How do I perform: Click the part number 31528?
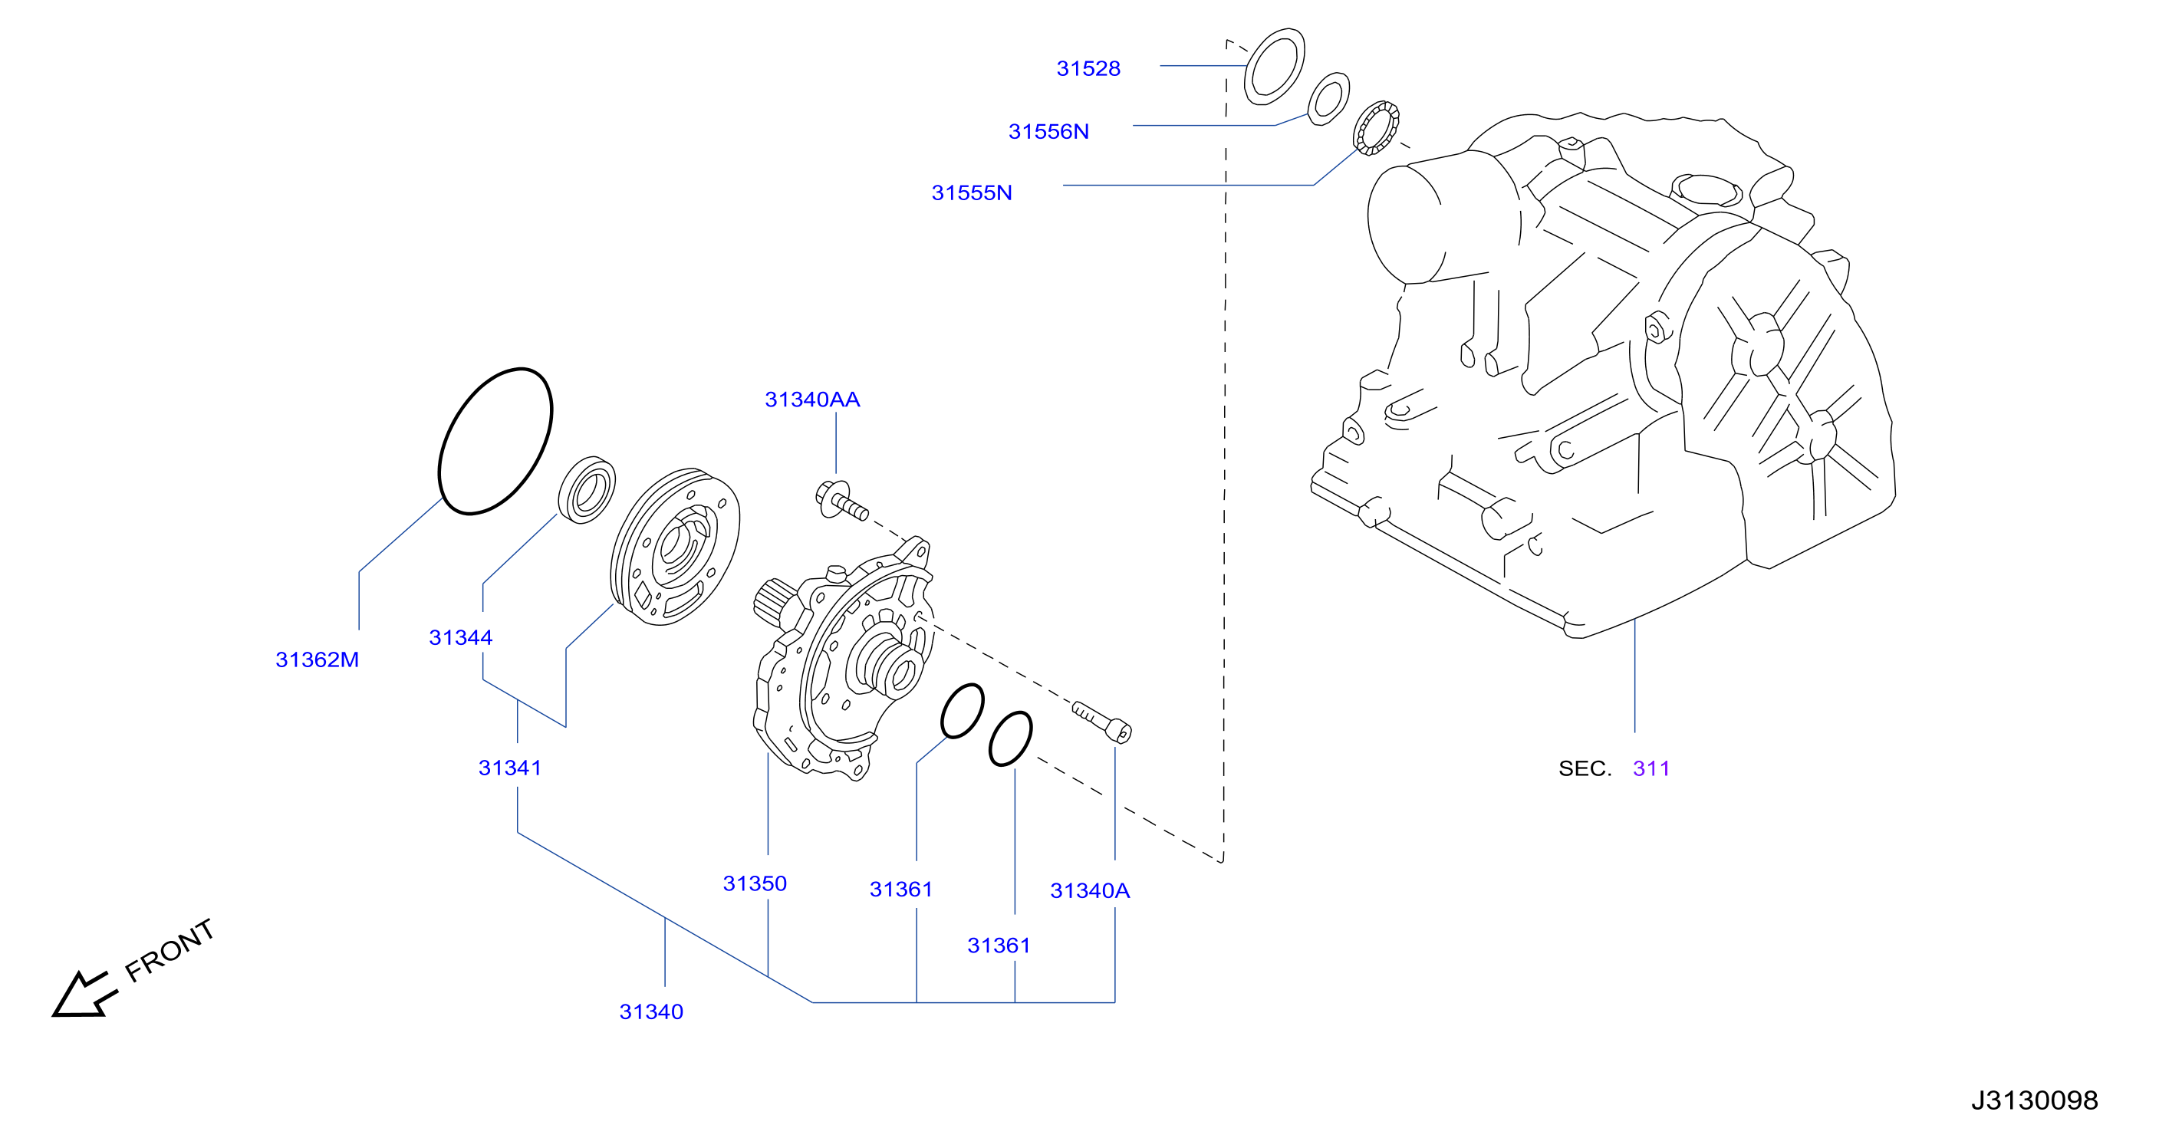(1088, 68)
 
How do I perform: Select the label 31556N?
(1048, 131)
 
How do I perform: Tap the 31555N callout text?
(972, 193)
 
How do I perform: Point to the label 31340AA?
(812, 400)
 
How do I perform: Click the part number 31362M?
(318, 659)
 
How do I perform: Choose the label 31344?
(461, 637)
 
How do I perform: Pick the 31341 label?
(510, 768)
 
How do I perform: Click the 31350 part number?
(755, 884)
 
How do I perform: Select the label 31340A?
(1090, 891)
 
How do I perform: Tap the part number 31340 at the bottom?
(651, 1011)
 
